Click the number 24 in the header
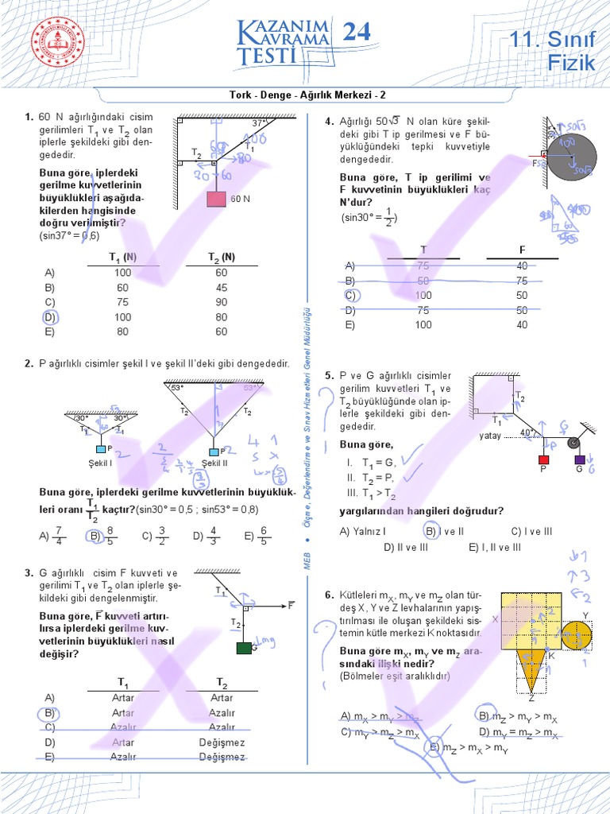click(357, 33)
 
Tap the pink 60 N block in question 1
click(216, 198)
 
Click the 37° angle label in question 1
click(259, 124)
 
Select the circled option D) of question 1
click(50, 317)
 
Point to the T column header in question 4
click(423, 250)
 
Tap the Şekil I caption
click(100, 463)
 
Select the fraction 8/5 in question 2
click(110, 536)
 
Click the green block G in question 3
click(244, 648)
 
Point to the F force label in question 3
click(291, 606)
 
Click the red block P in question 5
click(544, 459)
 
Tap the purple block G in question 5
click(580, 459)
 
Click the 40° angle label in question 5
click(527, 433)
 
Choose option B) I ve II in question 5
click(444, 531)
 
